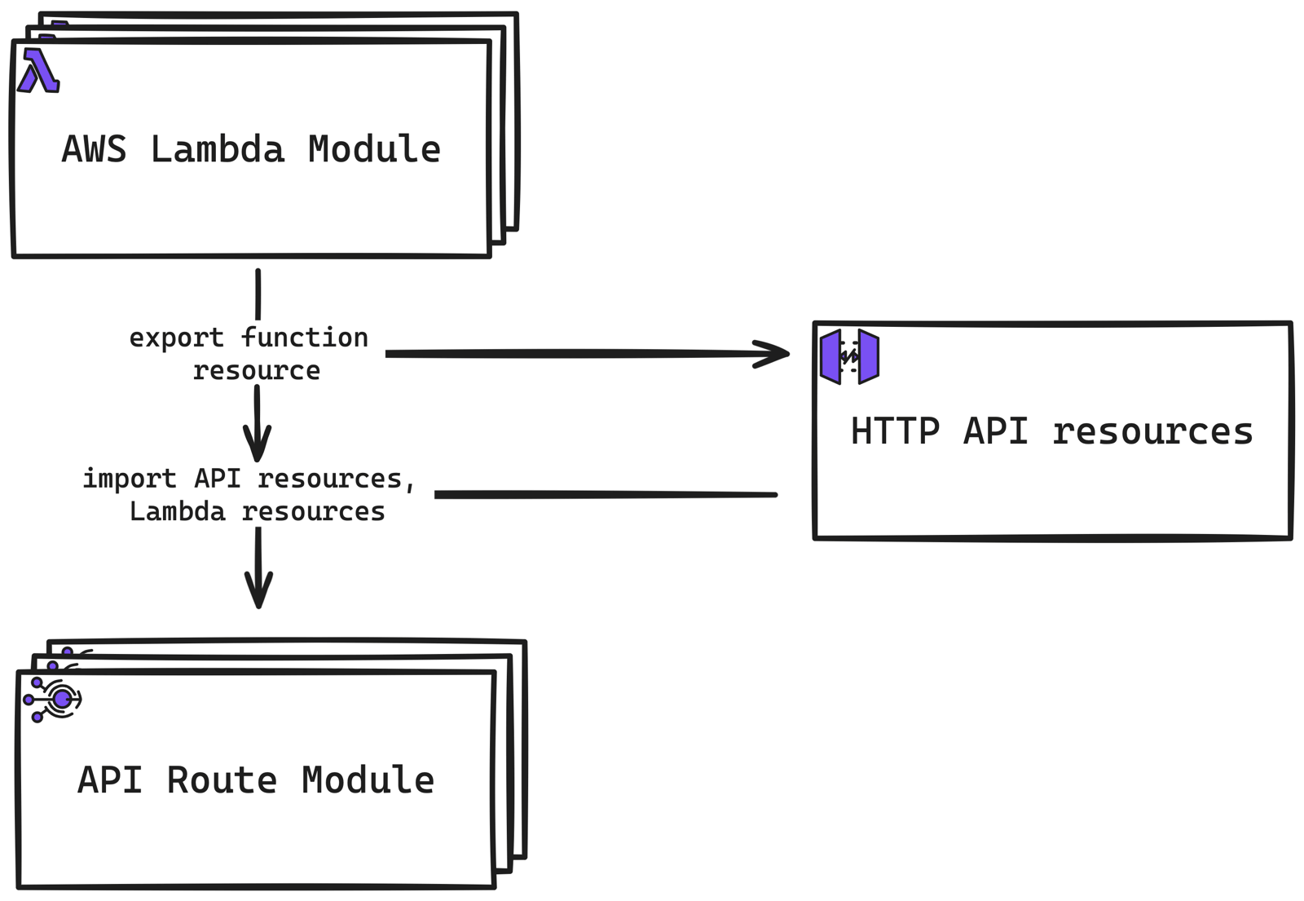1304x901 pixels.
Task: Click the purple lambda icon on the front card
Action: pyautogui.click(x=38, y=71)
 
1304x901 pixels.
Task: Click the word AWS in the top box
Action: pyautogui.click(x=94, y=150)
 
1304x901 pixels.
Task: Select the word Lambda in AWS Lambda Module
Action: pyautogui.click(x=218, y=150)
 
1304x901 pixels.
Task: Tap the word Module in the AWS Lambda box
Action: pyautogui.click(x=374, y=150)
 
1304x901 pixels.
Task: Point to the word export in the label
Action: pyautogui.click(x=176, y=338)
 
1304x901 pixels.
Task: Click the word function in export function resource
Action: pyautogui.click(x=305, y=338)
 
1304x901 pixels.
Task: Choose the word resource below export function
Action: pyautogui.click(x=257, y=371)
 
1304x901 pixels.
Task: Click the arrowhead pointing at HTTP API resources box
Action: pyautogui.click(x=774, y=354)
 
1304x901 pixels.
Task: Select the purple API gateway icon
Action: pyautogui.click(x=849, y=356)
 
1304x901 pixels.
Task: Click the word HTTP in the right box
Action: pyautogui.click(x=895, y=431)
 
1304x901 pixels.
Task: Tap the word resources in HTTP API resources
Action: pyautogui.click(x=1152, y=431)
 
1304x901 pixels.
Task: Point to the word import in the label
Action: pyautogui.click(x=129, y=479)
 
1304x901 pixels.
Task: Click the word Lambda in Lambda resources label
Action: pyautogui.click(x=177, y=512)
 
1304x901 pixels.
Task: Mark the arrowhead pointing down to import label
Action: pyautogui.click(x=258, y=448)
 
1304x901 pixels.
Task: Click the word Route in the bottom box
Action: pyautogui.click(x=222, y=780)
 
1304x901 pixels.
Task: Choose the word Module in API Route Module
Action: pyautogui.click(x=368, y=780)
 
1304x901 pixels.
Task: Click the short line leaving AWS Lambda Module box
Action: pyautogui.click(x=258, y=294)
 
